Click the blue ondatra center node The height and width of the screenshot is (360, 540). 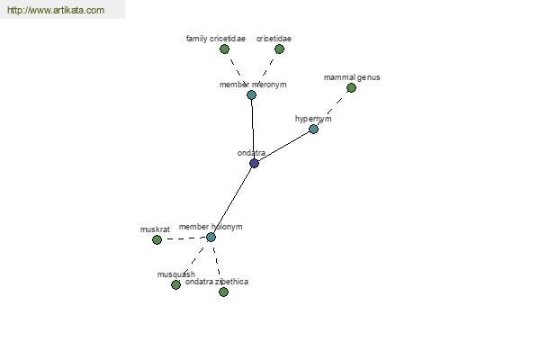point(254,163)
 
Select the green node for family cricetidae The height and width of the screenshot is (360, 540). point(224,49)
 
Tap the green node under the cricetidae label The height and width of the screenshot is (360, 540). point(279,49)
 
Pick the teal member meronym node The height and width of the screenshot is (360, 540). point(251,94)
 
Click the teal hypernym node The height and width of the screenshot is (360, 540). point(313,130)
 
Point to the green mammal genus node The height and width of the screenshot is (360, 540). point(351,88)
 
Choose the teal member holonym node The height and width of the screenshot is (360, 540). point(211,237)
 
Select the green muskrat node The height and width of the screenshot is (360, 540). point(157,239)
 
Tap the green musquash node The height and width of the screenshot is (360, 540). point(175,284)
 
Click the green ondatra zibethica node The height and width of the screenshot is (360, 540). point(223,292)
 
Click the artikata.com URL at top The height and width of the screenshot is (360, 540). point(56,10)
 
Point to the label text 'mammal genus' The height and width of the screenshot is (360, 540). point(352,77)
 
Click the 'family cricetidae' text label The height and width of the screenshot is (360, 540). point(216,39)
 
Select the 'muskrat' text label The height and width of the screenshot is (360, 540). point(155,229)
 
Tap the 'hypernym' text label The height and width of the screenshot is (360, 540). point(313,119)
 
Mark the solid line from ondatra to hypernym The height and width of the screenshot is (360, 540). point(283,147)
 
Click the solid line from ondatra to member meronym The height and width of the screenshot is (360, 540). point(253,130)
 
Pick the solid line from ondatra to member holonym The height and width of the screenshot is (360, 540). point(232,200)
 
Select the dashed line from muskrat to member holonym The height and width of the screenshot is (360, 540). point(184,238)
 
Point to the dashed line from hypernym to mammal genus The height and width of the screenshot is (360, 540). point(332,109)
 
